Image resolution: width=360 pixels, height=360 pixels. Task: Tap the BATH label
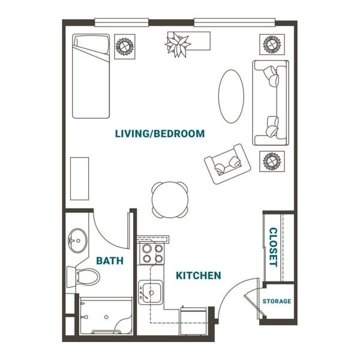click(110, 261)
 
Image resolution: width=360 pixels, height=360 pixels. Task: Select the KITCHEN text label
click(198, 275)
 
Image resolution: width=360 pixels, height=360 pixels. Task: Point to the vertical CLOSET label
click(272, 247)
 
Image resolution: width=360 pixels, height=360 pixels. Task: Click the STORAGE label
click(277, 301)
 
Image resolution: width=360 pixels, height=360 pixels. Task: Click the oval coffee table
click(231, 96)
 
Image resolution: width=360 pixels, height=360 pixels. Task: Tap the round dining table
click(169, 199)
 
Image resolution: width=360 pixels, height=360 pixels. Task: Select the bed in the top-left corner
click(91, 76)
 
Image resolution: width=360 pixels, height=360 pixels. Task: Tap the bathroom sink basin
click(77, 242)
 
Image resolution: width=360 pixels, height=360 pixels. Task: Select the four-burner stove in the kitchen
click(151, 253)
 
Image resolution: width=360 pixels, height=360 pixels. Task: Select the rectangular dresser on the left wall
click(79, 178)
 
